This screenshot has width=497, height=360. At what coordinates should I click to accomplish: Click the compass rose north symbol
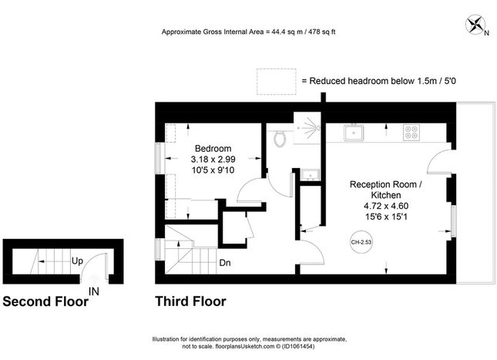(475, 25)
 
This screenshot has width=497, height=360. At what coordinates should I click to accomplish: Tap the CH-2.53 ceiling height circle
(361, 242)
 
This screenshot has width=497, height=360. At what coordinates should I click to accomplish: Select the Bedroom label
(213, 149)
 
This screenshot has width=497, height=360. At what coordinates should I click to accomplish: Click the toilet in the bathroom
(280, 138)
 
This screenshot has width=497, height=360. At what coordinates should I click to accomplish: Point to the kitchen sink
(354, 133)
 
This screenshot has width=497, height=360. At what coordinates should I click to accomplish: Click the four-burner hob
(411, 133)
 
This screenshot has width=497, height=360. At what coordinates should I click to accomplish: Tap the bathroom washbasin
(311, 174)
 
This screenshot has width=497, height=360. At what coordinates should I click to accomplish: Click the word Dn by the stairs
(225, 263)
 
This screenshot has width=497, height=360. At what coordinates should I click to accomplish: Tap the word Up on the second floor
(77, 261)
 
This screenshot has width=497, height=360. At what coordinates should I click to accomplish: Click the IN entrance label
(94, 291)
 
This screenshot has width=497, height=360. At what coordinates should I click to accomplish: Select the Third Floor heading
(190, 301)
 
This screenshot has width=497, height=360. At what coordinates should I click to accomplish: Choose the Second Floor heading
(45, 301)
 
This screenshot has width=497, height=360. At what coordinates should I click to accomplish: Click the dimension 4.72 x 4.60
(386, 206)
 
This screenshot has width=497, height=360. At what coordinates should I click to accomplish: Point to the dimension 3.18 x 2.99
(213, 160)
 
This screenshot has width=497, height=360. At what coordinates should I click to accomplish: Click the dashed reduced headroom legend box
(277, 82)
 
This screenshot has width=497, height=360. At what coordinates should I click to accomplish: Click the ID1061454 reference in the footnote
(298, 346)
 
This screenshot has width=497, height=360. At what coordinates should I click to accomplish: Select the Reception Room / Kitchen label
(386, 190)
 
